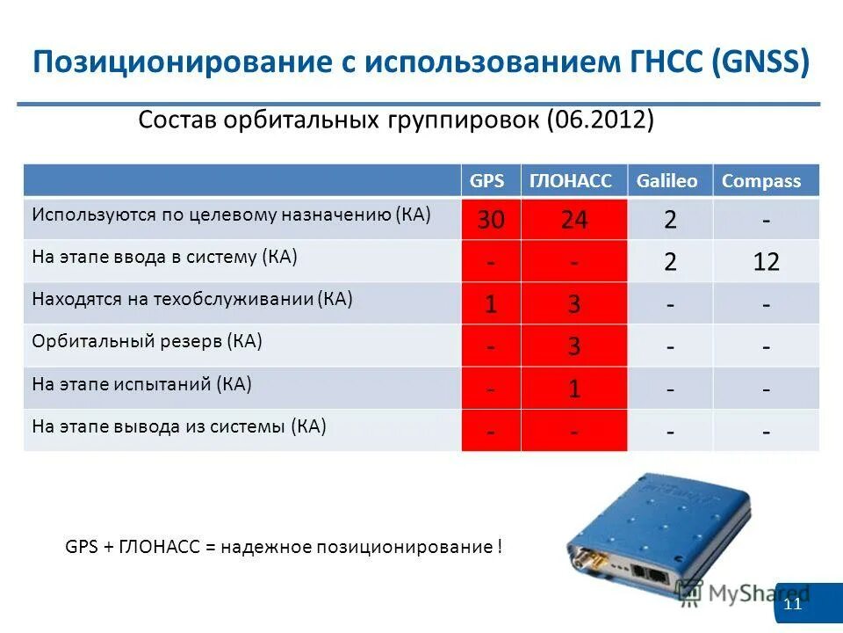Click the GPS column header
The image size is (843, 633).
[x=487, y=181]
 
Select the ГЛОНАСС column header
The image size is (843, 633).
[x=570, y=181]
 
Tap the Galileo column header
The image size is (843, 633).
[x=668, y=181]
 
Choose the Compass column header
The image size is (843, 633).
[x=761, y=181]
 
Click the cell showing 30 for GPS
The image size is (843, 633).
[x=491, y=220]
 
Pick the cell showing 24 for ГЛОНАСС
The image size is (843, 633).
[x=574, y=220]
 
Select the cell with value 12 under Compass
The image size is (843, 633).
[x=766, y=262]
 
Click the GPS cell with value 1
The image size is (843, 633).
[x=491, y=304]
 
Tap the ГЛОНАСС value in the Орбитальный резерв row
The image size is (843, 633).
[x=574, y=346]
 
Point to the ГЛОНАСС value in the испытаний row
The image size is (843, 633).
[x=574, y=389]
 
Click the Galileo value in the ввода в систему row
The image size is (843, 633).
[x=670, y=262]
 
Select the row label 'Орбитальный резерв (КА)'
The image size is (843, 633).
[x=148, y=341]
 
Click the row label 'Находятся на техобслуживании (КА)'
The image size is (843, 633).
[x=192, y=299]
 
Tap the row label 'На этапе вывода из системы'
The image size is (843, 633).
[x=179, y=427]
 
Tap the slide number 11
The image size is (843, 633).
[x=793, y=606]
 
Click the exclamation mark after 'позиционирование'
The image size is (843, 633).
[x=500, y=547]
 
